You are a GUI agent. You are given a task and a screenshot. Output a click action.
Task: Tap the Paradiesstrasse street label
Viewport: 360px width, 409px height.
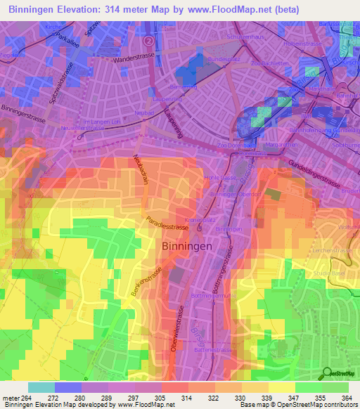(x=167, y=228)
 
